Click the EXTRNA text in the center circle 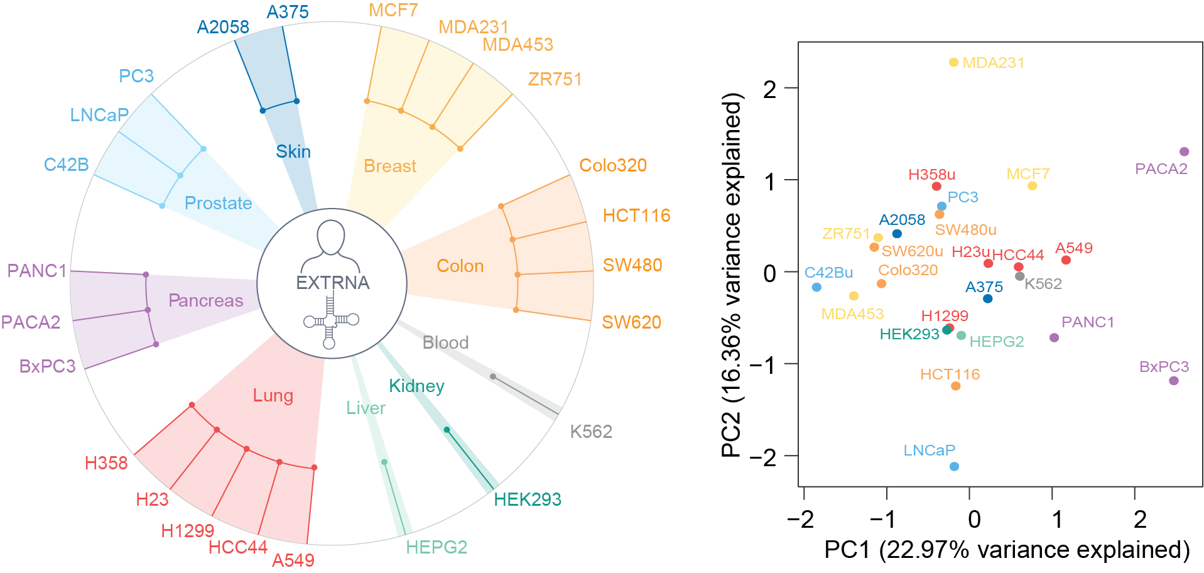332,283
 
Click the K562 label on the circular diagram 590,432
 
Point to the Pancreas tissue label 205,300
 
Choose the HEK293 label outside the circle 527,499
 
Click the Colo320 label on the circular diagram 612,165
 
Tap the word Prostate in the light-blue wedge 218,203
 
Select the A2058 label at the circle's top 223,27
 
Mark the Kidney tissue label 416,386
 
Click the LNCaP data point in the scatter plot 954,466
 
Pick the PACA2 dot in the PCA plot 1184,151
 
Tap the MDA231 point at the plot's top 953,62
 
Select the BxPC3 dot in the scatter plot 1173,381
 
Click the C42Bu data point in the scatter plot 816,287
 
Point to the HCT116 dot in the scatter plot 955,386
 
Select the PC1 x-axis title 1006,550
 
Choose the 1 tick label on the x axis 1056,520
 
